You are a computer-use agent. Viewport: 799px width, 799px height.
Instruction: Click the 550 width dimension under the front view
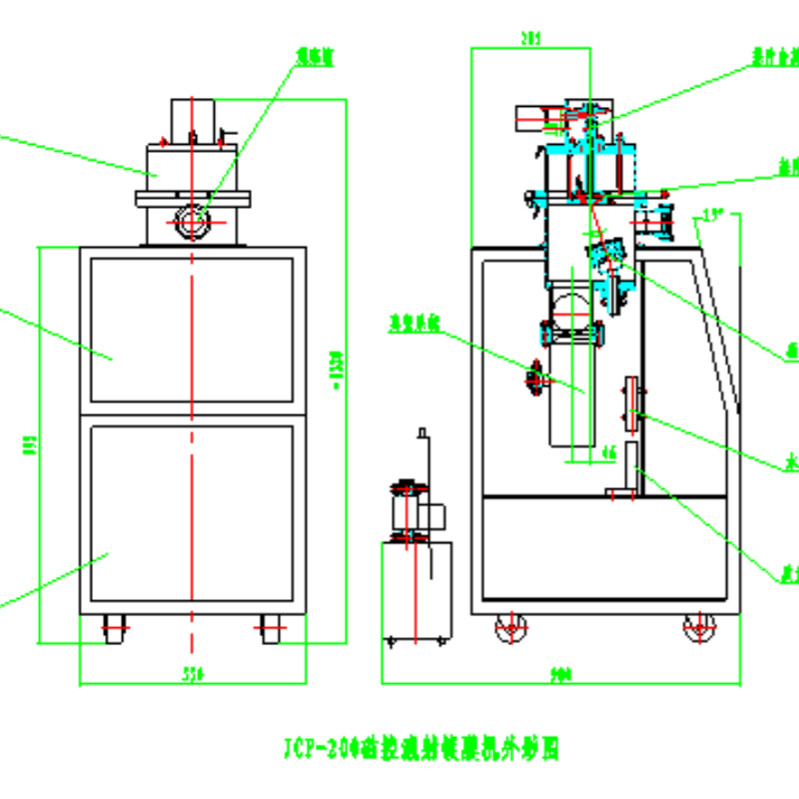(x=193, y=676)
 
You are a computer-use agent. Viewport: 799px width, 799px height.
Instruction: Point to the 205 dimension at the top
(x=530, y=38)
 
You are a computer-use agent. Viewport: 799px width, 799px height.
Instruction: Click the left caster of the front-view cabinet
(x=114, y=629)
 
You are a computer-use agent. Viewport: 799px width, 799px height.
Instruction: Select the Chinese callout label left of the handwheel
(x=416, y=321)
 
